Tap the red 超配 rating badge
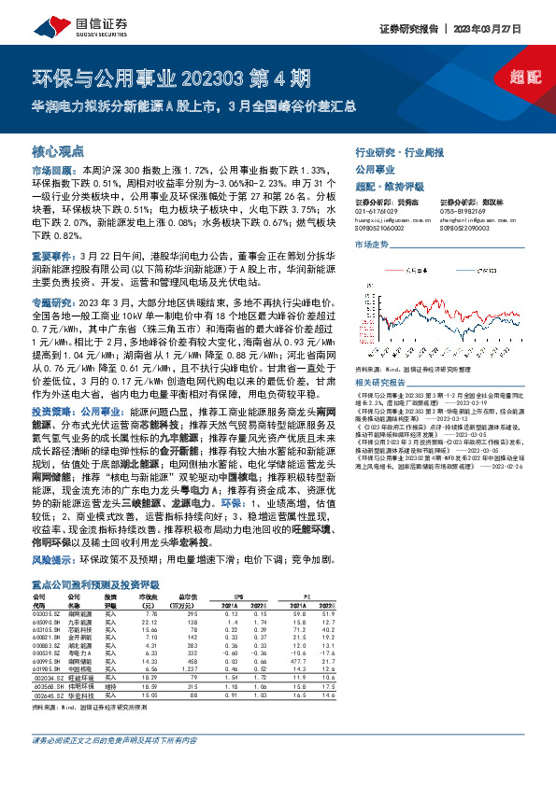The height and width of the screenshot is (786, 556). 526,80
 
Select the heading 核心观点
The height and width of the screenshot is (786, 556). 58,150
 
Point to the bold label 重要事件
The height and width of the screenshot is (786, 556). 50,254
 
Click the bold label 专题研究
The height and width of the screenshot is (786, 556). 50,302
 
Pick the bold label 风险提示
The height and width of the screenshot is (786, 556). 50,561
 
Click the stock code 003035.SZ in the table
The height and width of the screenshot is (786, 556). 45,613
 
